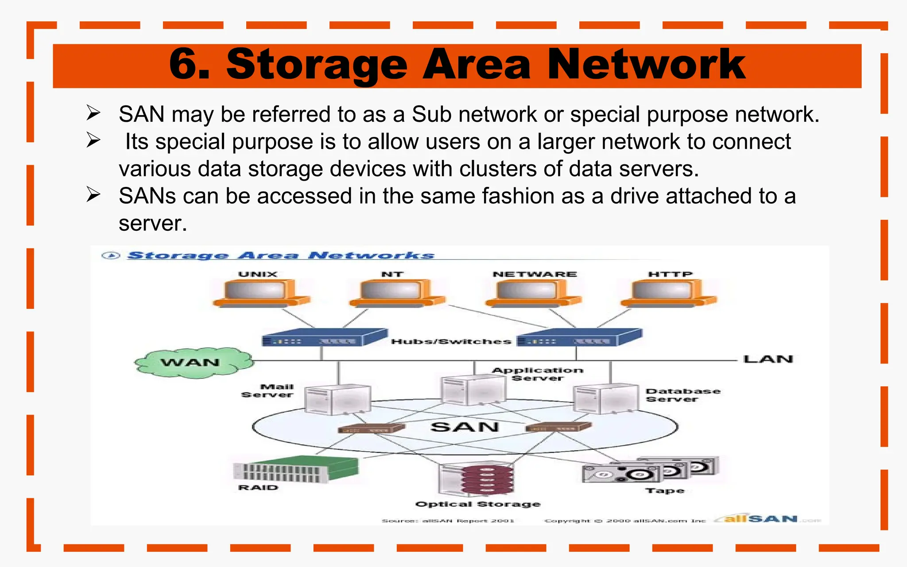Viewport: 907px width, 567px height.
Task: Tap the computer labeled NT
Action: coord(396,294)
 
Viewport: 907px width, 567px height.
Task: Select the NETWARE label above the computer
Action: coord(535,274)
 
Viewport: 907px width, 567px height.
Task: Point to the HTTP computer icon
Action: coord(668,294)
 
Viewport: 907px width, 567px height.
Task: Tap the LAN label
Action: coord(768,359)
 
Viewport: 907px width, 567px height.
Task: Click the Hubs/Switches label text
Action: coord(451,342)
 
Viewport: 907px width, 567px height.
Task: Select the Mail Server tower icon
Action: coord(337,399)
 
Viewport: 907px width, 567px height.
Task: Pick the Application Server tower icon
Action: coord(473,390)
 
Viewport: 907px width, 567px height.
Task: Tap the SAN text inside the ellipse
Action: coord(465,427)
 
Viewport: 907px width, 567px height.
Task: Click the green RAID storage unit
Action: coord(296,469)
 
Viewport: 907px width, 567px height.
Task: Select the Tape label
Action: coord(665,491)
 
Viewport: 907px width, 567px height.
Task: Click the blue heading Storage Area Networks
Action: coord(281,256)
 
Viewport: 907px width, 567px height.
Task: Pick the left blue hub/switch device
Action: coord(325,338)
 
